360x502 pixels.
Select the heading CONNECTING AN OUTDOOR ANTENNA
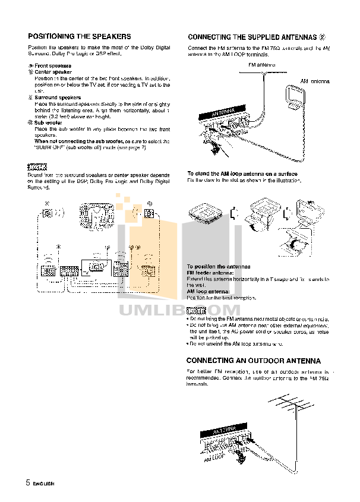pyautogui.click(x=253, y=361)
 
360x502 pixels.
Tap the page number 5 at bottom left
pyautogui.click(x=27, y=482)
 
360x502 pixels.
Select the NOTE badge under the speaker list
pyautogui.click(x=37, y=166)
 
